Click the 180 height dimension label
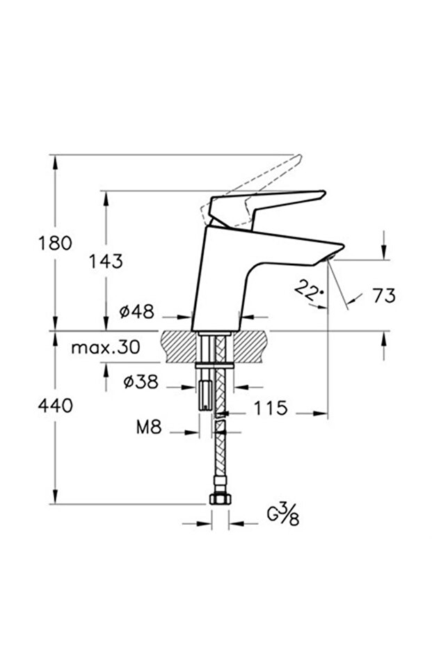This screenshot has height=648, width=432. [x=55, y=243]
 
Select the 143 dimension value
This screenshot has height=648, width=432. [x=105, y=261]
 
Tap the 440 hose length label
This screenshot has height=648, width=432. [x=55, y=406]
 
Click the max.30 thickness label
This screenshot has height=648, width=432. [x=105, y=347]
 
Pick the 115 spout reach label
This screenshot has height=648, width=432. [x=270, y=408]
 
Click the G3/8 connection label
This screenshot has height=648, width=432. [x=283, y=516]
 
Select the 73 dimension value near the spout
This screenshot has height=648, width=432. [x=383, y=295]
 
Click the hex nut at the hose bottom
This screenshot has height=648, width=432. [x=219, y=499]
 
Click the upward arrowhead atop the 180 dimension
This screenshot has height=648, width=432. [x=55, y=161]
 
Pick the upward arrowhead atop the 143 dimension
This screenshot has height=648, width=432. [x=106, y=198]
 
